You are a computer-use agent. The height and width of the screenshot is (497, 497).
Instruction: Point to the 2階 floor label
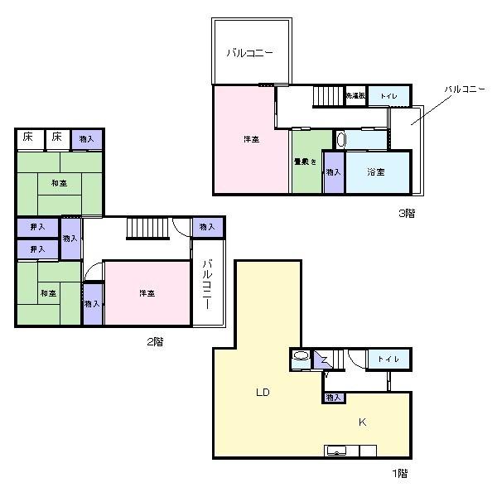(153, 340)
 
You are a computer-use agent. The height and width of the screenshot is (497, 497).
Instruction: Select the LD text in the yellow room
(263, 391)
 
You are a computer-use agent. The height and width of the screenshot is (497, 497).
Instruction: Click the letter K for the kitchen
(362, 422)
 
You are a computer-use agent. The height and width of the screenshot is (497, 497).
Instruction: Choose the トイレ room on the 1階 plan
(388, 359)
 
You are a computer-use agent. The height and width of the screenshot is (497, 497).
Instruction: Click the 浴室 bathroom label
(376, 172)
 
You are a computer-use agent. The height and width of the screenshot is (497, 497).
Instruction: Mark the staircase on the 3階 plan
(328, 96)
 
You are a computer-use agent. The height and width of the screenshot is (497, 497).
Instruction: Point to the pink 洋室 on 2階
(147, 293)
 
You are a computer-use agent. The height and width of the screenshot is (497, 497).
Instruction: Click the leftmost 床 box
(28, 138)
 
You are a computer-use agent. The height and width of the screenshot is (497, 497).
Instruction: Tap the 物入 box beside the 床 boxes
(87, 139)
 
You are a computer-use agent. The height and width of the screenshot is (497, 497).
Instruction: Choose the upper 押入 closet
(37, 226)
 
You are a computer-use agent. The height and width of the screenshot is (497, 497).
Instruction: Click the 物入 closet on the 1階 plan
(333, 398)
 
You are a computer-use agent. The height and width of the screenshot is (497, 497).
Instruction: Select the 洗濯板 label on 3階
(355, 96)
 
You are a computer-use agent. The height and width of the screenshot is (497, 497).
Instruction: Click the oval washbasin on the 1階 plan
(301, 359)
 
